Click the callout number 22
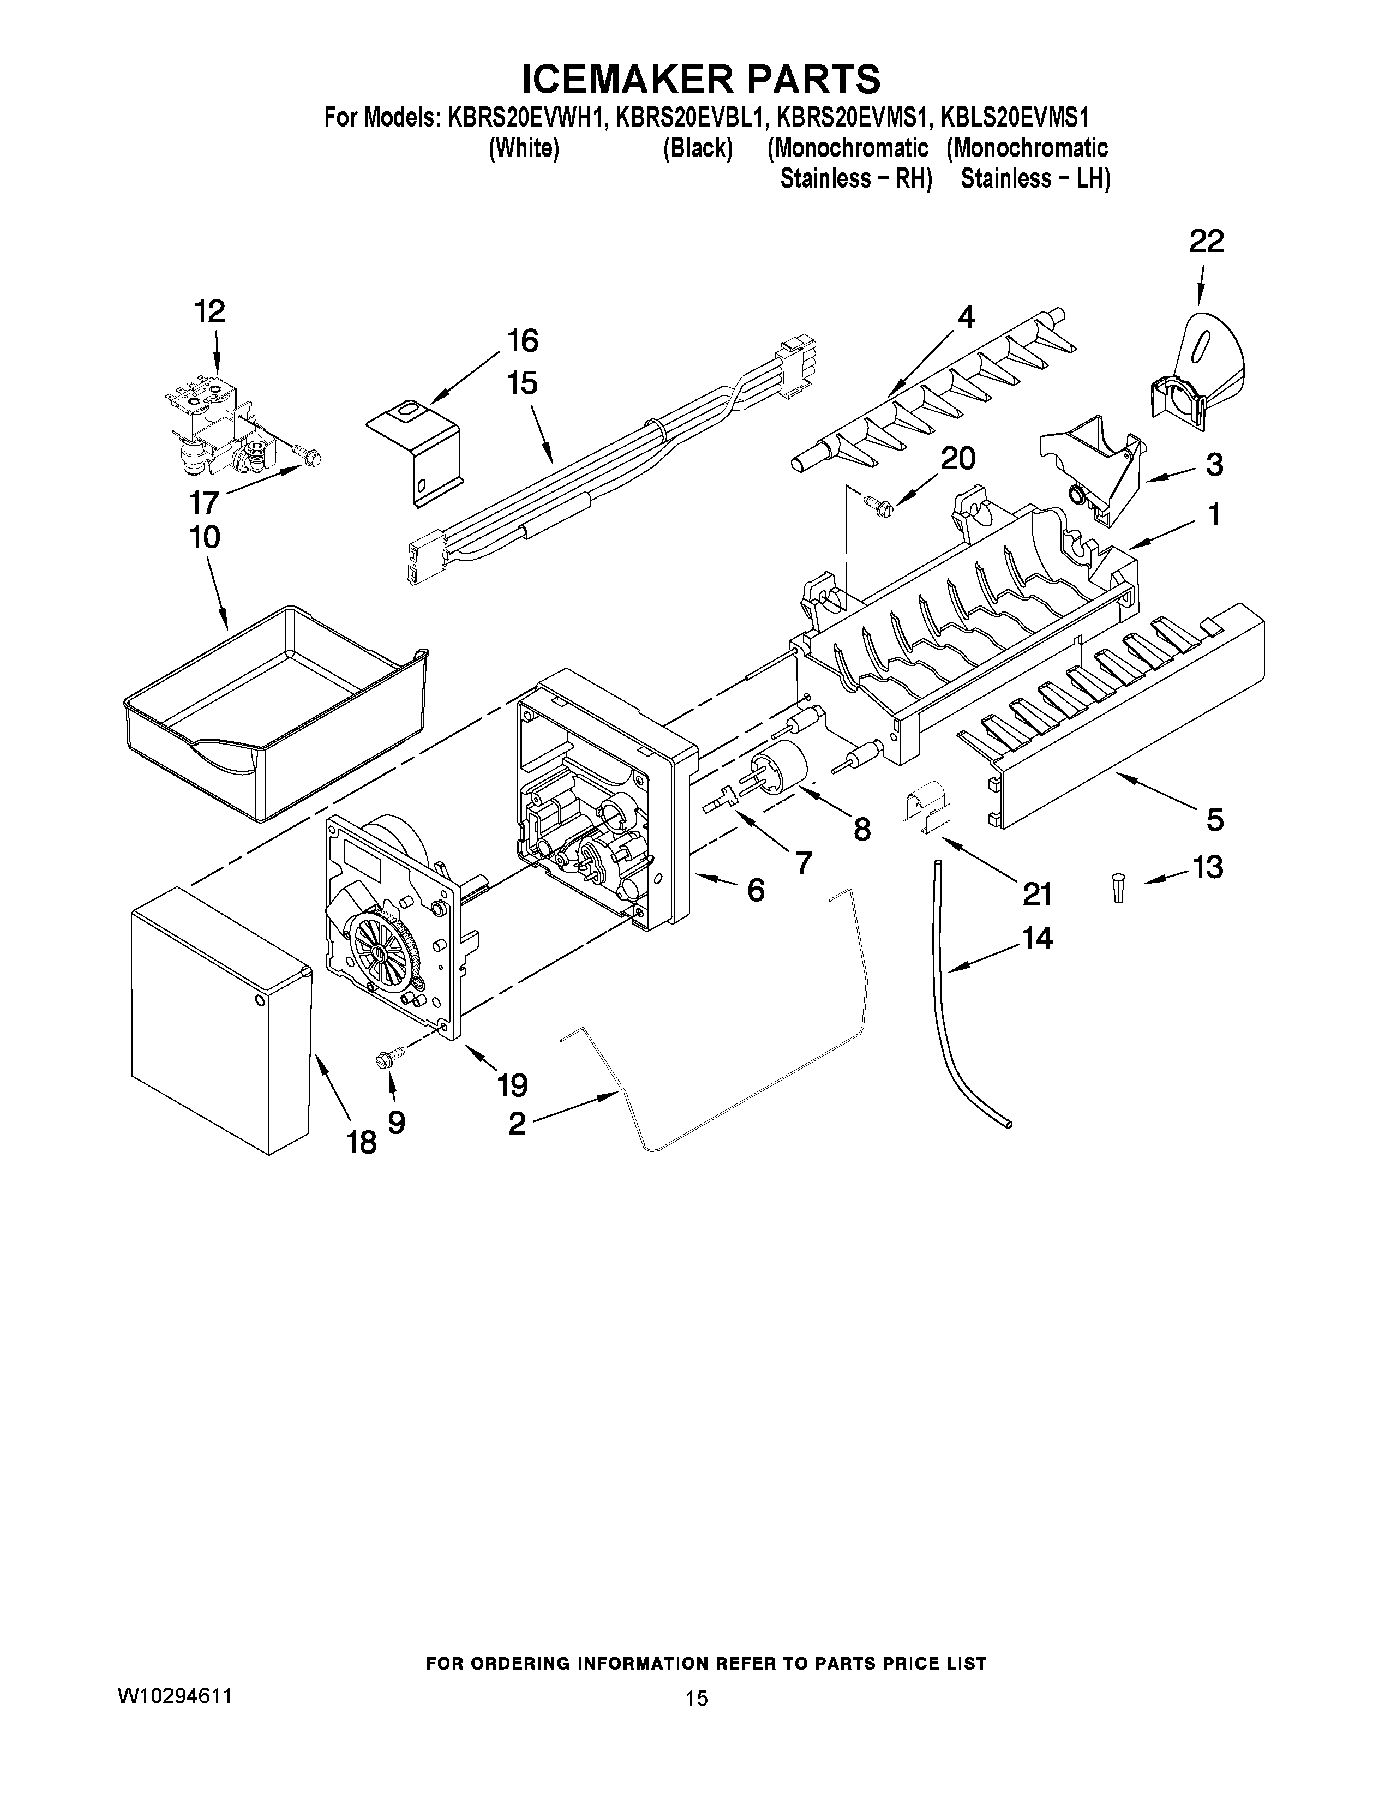click(1206, 242)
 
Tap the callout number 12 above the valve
click(209, 311)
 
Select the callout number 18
click(361, 1142)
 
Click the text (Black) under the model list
click(697, 148)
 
